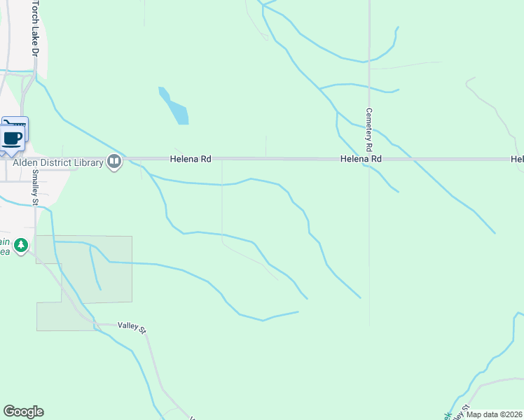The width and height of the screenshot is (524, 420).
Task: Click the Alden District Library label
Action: tap(58, 162)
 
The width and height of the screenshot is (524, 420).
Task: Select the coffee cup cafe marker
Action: tap(13, 136)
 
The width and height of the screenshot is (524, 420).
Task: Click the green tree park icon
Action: tap(22, 245)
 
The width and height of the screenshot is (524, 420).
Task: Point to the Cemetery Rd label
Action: tap(368, 130)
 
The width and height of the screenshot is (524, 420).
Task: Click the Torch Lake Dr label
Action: tap(34, 28)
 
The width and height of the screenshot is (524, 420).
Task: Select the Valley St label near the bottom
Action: tap(130, 326)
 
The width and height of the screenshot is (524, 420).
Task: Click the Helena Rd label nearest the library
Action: tap(191, 160)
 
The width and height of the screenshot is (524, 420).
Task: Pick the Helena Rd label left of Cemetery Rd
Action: tap(361, 160)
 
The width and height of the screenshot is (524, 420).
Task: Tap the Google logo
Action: tap(23, 412)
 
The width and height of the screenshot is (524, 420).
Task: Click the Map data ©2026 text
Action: tap(494, 414)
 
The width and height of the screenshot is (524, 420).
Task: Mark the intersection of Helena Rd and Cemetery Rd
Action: tap(369, 160)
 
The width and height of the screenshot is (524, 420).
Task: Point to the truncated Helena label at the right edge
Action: tap(517, 160)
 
